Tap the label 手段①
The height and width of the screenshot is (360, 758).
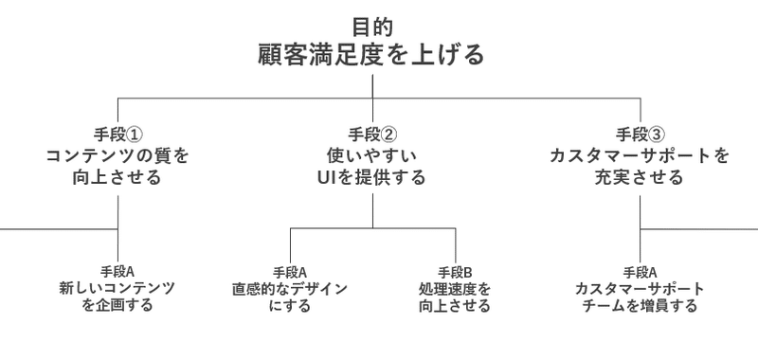pos(117,134)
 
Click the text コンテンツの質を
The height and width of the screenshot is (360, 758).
pos(117,155)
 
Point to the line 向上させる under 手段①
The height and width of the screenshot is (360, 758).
pos(117,177)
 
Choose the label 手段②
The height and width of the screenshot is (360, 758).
pos(371,134)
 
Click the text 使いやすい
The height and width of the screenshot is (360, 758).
pos(371,155)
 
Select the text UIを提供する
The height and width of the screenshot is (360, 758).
pos(371,177)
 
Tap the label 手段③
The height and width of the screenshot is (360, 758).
pos(641,134)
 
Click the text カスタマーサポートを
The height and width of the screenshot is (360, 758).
pos(641,155)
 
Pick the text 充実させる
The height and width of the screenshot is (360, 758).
pos(641,177)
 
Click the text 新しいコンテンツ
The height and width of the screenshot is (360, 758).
pos(117,288)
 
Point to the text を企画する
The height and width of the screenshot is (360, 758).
pos(117,306)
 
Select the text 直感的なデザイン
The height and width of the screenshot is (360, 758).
pos(290,288)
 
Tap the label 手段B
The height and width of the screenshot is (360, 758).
pos(455,271)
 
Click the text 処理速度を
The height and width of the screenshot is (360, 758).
pos(455,288)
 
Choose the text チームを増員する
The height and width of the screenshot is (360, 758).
pos(641,306)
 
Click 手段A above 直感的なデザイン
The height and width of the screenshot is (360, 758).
pos(290,271)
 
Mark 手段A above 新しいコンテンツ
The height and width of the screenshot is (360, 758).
pos(117,271)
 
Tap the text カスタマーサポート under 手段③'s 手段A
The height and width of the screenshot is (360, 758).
pos(641,288)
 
